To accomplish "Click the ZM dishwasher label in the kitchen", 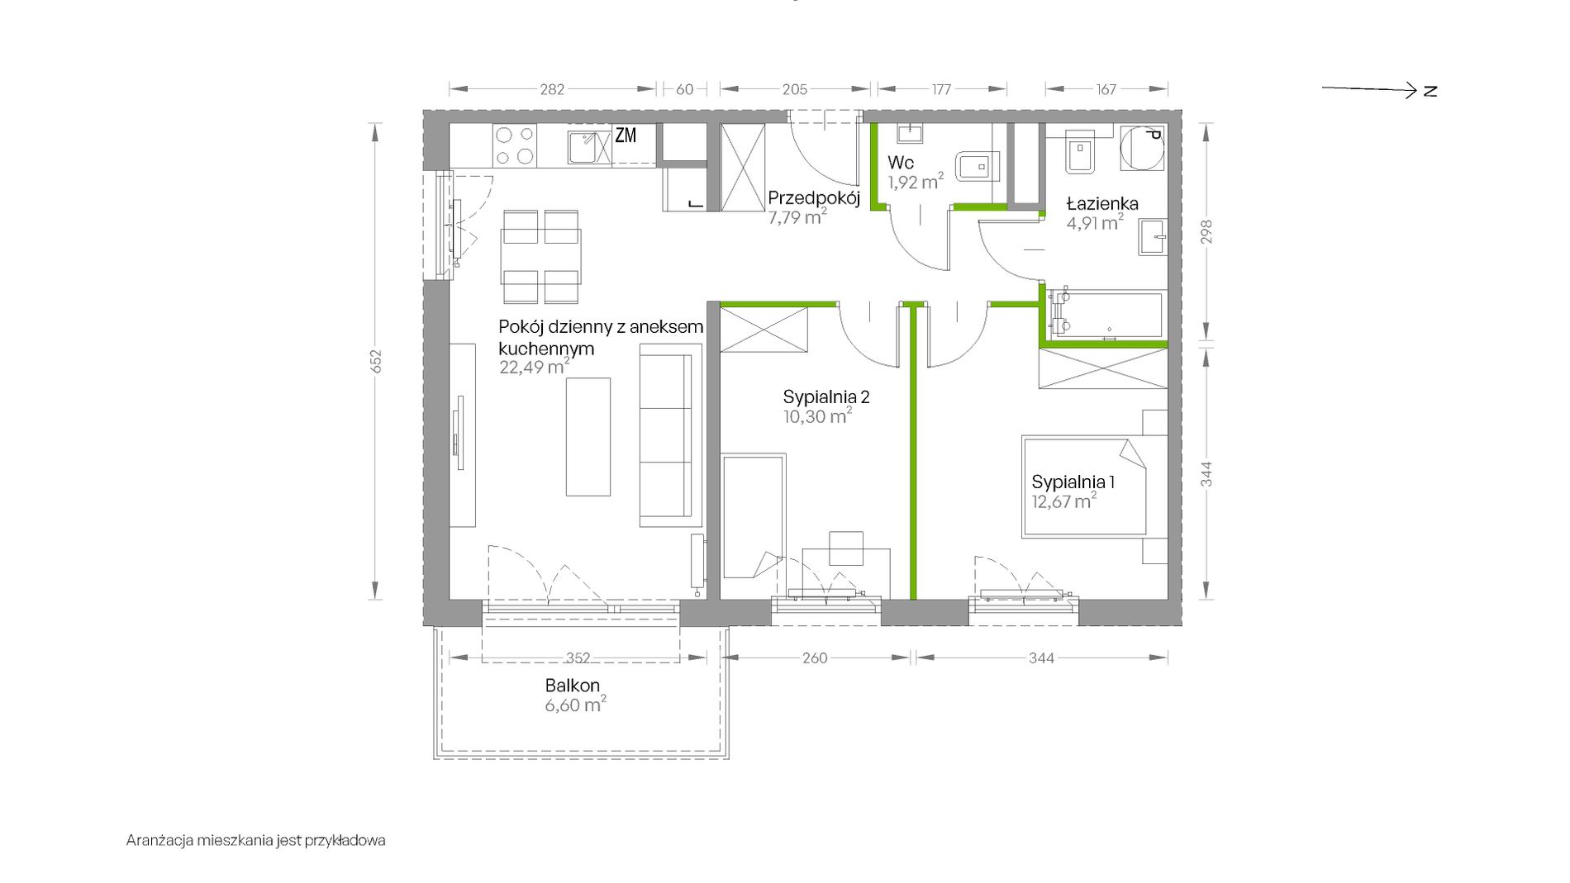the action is point(626,135).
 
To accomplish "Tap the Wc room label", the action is point(901,163).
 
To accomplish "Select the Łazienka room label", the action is point(1102,203).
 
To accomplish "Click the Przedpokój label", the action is point(814,198).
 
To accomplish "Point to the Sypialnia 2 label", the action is point(826,397).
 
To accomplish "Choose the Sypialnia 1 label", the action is point(1073,482).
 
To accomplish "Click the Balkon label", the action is point(573,686).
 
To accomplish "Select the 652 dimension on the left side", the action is point(376,362).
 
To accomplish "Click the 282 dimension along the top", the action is point(552,89).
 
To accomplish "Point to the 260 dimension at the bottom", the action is point(815,658).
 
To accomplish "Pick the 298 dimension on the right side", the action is point(1206,232).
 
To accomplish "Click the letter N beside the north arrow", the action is point(1430,91).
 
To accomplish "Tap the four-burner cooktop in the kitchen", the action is point(515,145).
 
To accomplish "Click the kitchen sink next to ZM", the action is point(589,147).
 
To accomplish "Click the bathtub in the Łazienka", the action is point(1105,314).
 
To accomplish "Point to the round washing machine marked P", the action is point(1143,149).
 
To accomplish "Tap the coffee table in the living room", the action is point(588,437).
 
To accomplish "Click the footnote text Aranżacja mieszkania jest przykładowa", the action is point(256,841).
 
